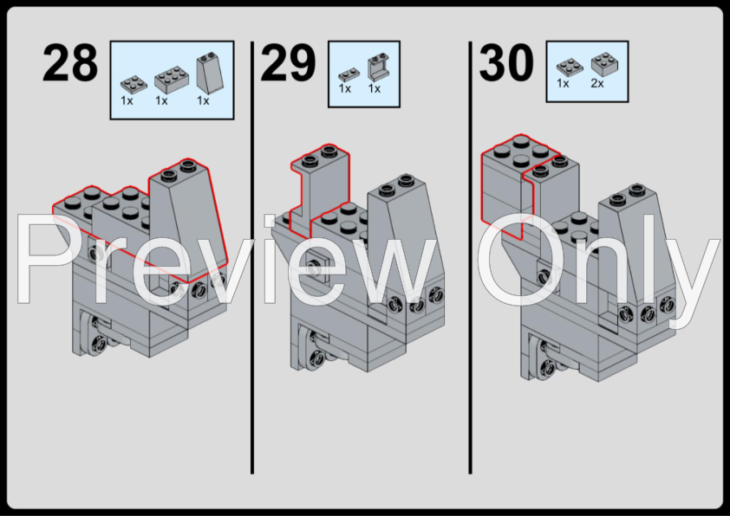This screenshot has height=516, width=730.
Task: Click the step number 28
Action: click(x=70, y=62)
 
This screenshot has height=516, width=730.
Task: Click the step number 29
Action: click(x=288, y=62)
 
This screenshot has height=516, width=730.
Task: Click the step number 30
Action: click(x=506, y=62)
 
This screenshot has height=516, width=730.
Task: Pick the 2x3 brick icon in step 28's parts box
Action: click(x=172, y=78)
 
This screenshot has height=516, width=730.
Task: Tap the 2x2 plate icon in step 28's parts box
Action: click(x=134, y=84)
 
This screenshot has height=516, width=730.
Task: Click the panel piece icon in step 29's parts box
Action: click(x=378, y=67)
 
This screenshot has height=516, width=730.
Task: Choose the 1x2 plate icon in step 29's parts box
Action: click(x=349, y=74)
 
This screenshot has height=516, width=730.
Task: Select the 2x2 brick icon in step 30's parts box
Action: click(x=605, y=64)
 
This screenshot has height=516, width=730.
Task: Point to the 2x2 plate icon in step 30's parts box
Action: click(x=570, y=68)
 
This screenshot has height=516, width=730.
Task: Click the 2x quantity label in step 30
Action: click(x=597, y=83)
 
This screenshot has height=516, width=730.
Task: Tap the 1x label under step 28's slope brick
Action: click(x=203, y=100)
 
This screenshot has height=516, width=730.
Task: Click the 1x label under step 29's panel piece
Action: click(x=375, y=88)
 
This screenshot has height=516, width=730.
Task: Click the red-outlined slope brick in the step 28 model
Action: click(x=188, y=218)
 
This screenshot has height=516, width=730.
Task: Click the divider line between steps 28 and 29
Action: click(x=252, y=257)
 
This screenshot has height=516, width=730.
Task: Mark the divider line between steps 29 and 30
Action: click(x=470, y=257)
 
